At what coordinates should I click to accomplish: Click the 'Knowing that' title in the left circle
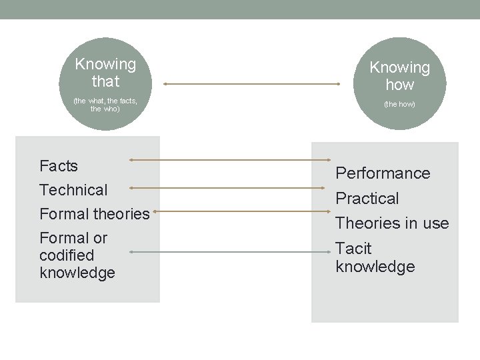click(x=105, y=73)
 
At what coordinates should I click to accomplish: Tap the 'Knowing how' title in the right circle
click(x=400, y=76)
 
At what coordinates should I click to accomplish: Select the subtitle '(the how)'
click(x=399, y=104)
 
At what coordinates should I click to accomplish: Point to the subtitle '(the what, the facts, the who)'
click(x=105, y=104)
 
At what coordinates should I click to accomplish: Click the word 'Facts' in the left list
click(x=59, y=166)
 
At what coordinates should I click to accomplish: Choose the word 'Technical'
click(x=73, y=190)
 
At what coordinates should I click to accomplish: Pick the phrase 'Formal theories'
click(x=95, y=214)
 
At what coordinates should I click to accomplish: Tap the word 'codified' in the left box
click(x=67, y=255)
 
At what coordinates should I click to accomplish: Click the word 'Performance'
click(x=383, y=173)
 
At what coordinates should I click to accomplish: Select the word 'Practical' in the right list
click(x=367, y=199)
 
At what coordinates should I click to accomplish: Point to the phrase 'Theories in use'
click(x=392, y=223)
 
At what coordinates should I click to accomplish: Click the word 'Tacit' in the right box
click(x=353, y=249)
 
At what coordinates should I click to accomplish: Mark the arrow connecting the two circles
click(x=252, y=84)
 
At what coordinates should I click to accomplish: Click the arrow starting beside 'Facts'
click(x=230, y=160)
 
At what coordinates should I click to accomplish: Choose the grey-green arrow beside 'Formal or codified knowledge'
click(x=230, y=252)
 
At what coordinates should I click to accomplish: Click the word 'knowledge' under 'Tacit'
click(x=375, y=267)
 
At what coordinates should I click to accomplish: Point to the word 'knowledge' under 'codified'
click(x=77, y=273)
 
